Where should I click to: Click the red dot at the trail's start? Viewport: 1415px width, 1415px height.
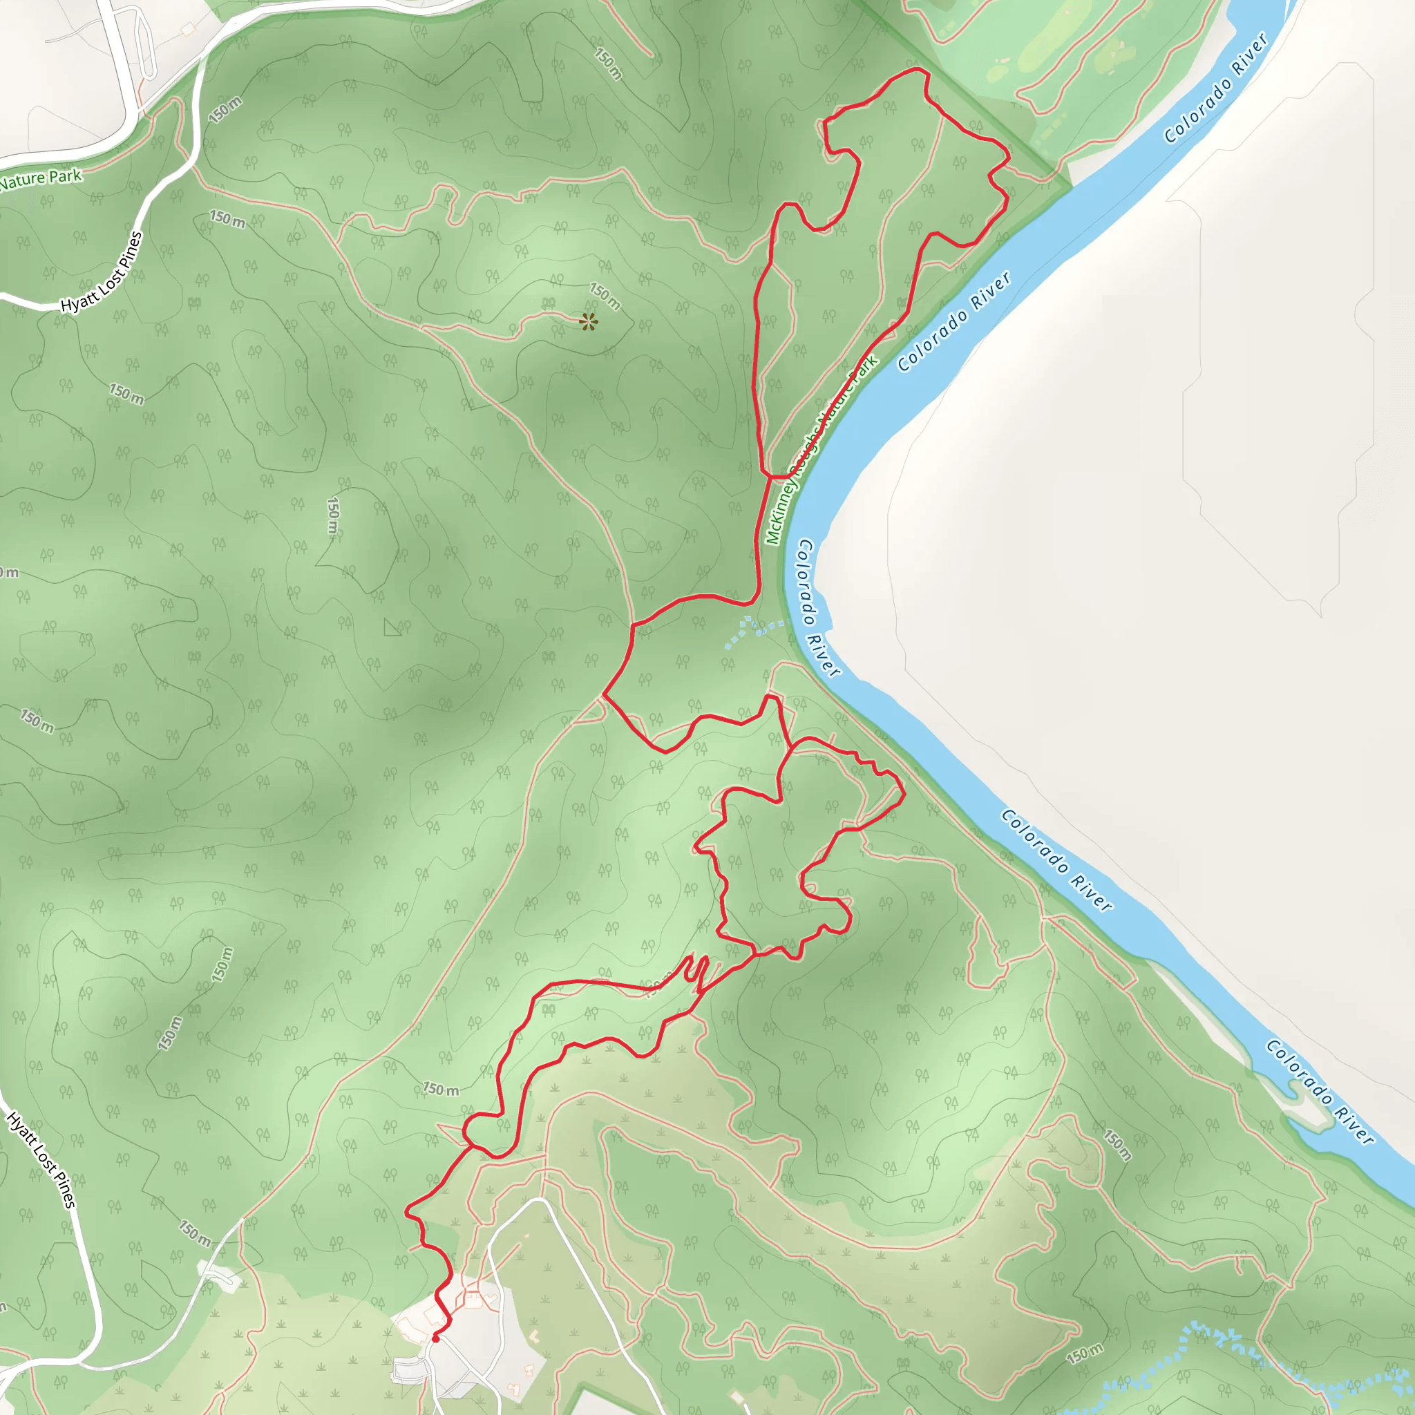click(435, 1338)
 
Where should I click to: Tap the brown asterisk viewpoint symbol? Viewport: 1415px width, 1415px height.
click(587, 321)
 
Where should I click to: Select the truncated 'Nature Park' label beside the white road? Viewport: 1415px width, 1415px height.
click(41, 178)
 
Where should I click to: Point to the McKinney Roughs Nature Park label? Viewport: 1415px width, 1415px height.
click(822, 450)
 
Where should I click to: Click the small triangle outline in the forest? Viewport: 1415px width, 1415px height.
click(392, 627)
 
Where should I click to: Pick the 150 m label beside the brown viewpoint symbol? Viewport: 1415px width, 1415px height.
click(606, 296)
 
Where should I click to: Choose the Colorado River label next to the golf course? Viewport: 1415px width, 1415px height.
click(1216, 88)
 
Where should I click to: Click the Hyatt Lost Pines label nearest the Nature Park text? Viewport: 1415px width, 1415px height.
click(102, 272)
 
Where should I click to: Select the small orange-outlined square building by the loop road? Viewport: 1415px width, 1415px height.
click(188, 28)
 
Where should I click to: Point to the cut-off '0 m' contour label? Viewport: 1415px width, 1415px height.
click(9, 572)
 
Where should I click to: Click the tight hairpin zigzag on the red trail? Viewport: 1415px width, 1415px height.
click(698, 971)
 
